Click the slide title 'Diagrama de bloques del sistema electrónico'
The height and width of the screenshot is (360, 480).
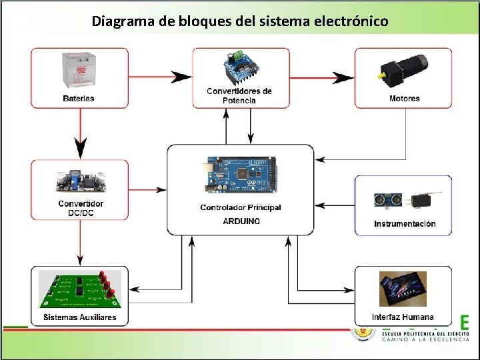240,21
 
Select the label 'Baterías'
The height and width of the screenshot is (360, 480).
79,98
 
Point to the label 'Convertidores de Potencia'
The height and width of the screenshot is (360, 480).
240,95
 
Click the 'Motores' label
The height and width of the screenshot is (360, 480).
404,98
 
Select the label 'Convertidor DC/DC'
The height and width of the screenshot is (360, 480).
81,207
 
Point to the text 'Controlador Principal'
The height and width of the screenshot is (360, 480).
241,207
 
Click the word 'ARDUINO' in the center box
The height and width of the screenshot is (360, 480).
241,221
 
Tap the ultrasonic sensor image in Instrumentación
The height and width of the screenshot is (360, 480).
388,199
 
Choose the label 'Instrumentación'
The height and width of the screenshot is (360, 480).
405,224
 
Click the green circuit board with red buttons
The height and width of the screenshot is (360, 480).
80,289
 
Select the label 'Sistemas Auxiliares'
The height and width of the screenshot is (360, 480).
80,317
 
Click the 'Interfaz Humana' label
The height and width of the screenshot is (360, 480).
403,317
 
